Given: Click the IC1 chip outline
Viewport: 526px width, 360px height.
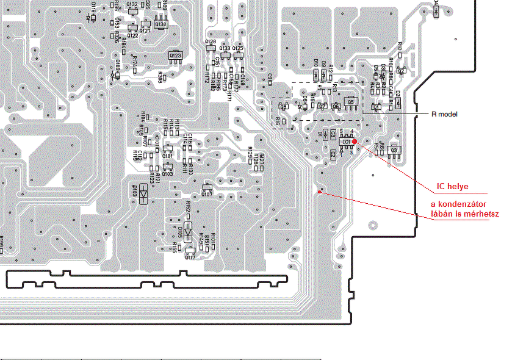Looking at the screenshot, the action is (x=346, y=142).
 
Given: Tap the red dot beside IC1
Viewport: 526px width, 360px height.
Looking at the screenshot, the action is (x=355, y=142).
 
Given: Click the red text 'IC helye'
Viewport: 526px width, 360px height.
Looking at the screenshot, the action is (x=452, y=186).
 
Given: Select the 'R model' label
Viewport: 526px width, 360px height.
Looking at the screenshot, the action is (x=444, y=114).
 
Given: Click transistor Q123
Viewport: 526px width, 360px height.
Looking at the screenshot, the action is (x=176, y=56).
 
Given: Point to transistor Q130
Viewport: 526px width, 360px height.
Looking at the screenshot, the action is (x=160, y=24).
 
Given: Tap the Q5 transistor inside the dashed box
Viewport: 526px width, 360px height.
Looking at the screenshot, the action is (x=351, y=101).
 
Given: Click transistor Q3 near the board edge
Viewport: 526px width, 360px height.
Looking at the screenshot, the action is (x=394, y=149).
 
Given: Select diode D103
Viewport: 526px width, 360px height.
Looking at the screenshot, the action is (x=143, y=193).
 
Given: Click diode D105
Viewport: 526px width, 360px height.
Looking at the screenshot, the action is (x=189, y=231).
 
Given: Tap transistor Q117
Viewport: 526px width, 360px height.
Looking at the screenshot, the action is (x=190, y=250).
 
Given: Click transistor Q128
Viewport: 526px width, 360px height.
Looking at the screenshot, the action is (x=211, y=48).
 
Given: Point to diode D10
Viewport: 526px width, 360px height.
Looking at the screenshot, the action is (x=315, y=74).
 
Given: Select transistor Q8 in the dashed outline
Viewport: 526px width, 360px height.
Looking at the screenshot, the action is (x=283, y=106).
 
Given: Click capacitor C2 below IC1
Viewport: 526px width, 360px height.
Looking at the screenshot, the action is (x=333, y=155).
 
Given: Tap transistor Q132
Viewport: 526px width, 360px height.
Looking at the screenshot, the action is (x=132, y=10).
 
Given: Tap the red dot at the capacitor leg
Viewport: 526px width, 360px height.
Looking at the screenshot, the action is (x=319, y=192).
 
